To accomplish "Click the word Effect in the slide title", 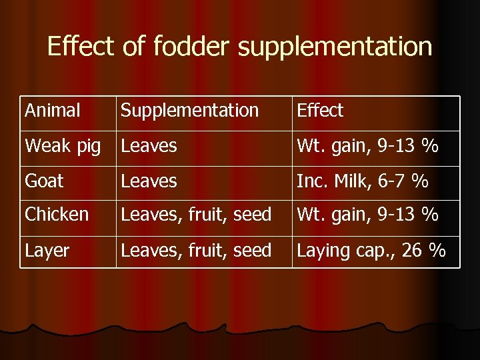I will pos(81,47).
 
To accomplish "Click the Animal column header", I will pos(53,111).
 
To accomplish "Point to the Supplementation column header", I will pos(189,111).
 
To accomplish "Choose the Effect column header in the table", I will pos(320,111).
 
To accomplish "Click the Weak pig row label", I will pos(63,146).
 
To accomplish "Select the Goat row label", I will pos(44,181).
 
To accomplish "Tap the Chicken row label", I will pos(57,215).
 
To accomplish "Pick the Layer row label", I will pos(47,251).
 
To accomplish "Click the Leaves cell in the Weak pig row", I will pos(149,146).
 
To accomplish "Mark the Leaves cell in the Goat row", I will pos(149,181).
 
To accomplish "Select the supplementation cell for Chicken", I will pos(195,215).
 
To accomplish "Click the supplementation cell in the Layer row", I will pos(195,251).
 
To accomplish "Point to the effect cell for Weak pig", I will pos(367,146).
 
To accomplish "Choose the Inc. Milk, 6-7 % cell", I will pos(362,181).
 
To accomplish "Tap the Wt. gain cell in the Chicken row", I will pos(367,215).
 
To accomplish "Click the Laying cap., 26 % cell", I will pos(371,251).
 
